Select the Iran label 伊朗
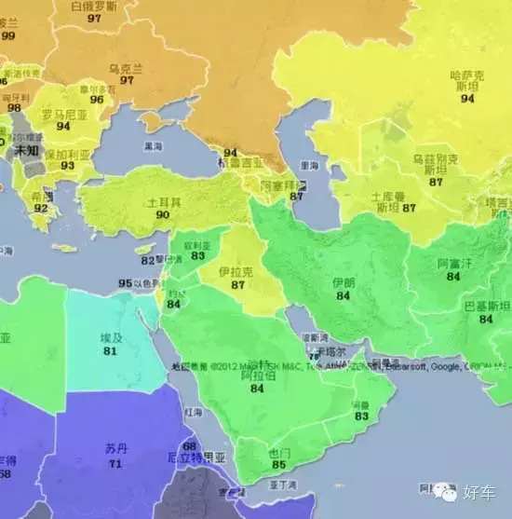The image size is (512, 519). (344, 281)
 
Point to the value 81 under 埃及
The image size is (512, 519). (111, 351)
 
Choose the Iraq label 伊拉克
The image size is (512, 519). (236, 270)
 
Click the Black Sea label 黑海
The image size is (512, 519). (152, 146)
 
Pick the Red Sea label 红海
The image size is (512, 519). (193, 411)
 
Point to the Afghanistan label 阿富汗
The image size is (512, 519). (455, 264)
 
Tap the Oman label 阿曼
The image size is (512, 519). (361, 404)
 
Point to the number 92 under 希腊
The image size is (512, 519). (40, 209)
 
